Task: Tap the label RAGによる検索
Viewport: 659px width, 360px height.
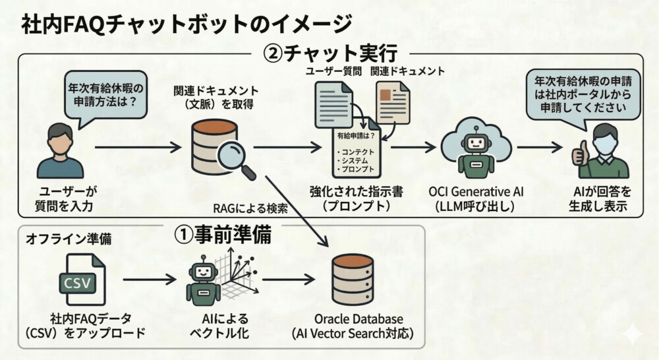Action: [250, 210]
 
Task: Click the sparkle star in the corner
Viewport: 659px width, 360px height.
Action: [631, 334]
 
